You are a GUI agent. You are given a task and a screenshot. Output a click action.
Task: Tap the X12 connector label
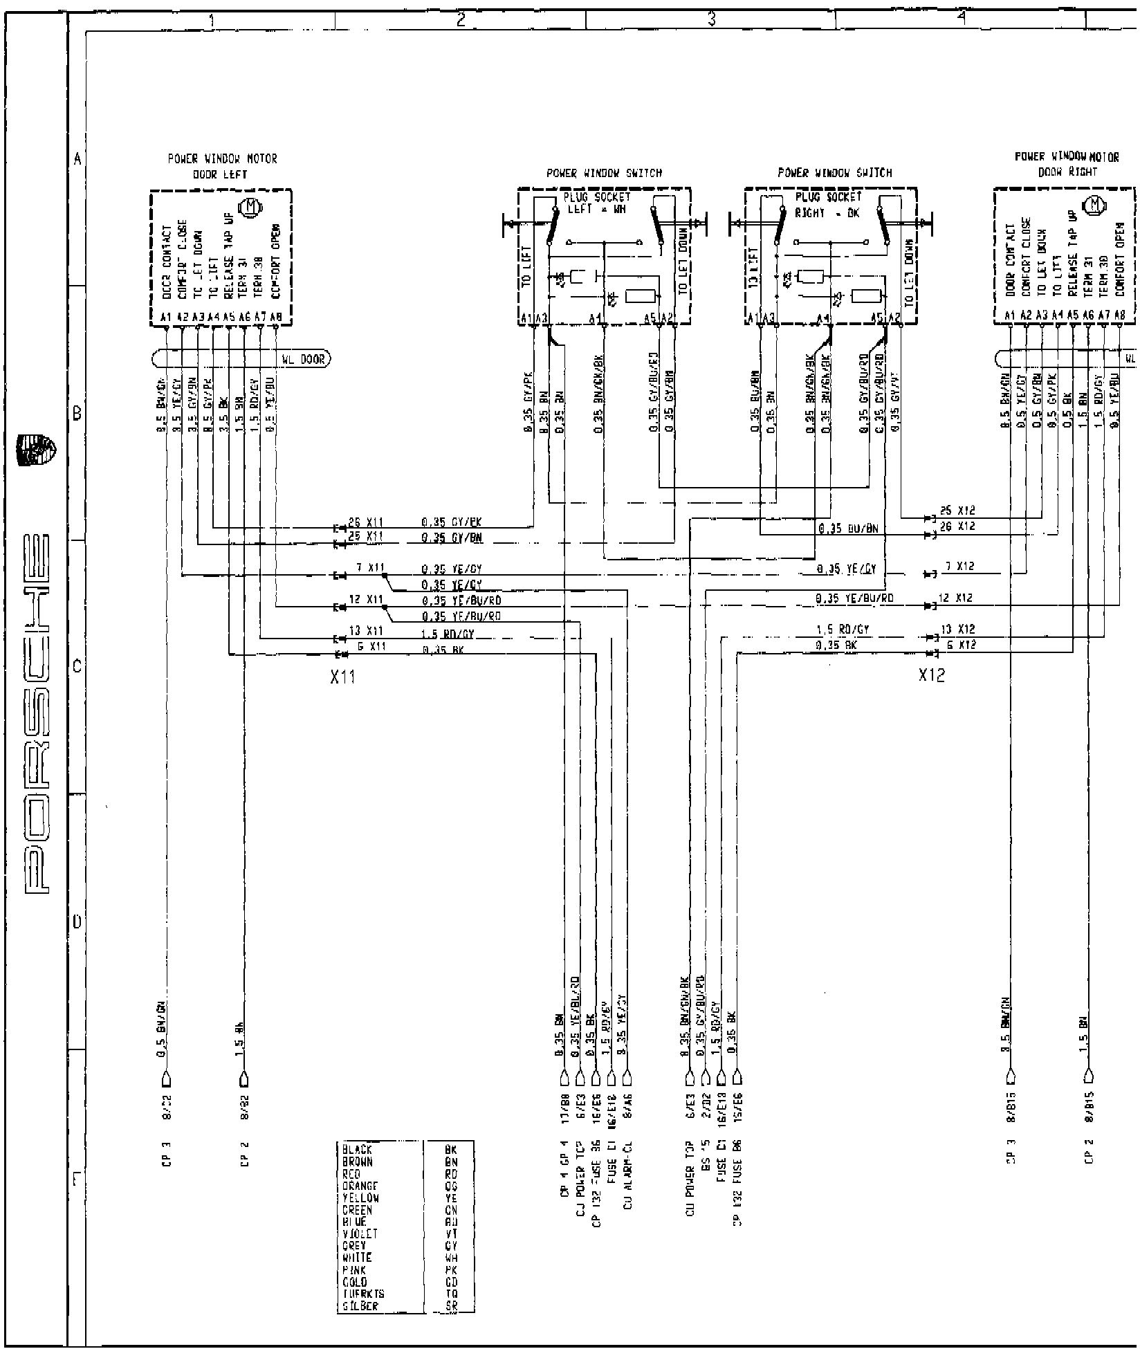(x=931, y=674)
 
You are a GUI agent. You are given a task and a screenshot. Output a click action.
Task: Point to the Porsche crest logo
(x=37, y=449)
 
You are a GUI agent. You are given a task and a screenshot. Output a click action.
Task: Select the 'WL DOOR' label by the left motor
(x=303, y=359)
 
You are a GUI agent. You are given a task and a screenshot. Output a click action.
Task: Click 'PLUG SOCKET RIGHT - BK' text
(x=827, y=205)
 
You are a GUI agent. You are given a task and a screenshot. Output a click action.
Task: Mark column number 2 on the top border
(x=461, y=20)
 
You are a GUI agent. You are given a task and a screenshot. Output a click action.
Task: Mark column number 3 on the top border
(x=711, y=20)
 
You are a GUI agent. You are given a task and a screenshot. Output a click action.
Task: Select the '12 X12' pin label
(x=956, y=598)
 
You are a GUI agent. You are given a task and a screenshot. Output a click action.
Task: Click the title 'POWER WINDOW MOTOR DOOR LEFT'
(x=221, y=166)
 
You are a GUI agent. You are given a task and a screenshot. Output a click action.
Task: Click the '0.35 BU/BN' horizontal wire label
(x=847, y=529)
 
